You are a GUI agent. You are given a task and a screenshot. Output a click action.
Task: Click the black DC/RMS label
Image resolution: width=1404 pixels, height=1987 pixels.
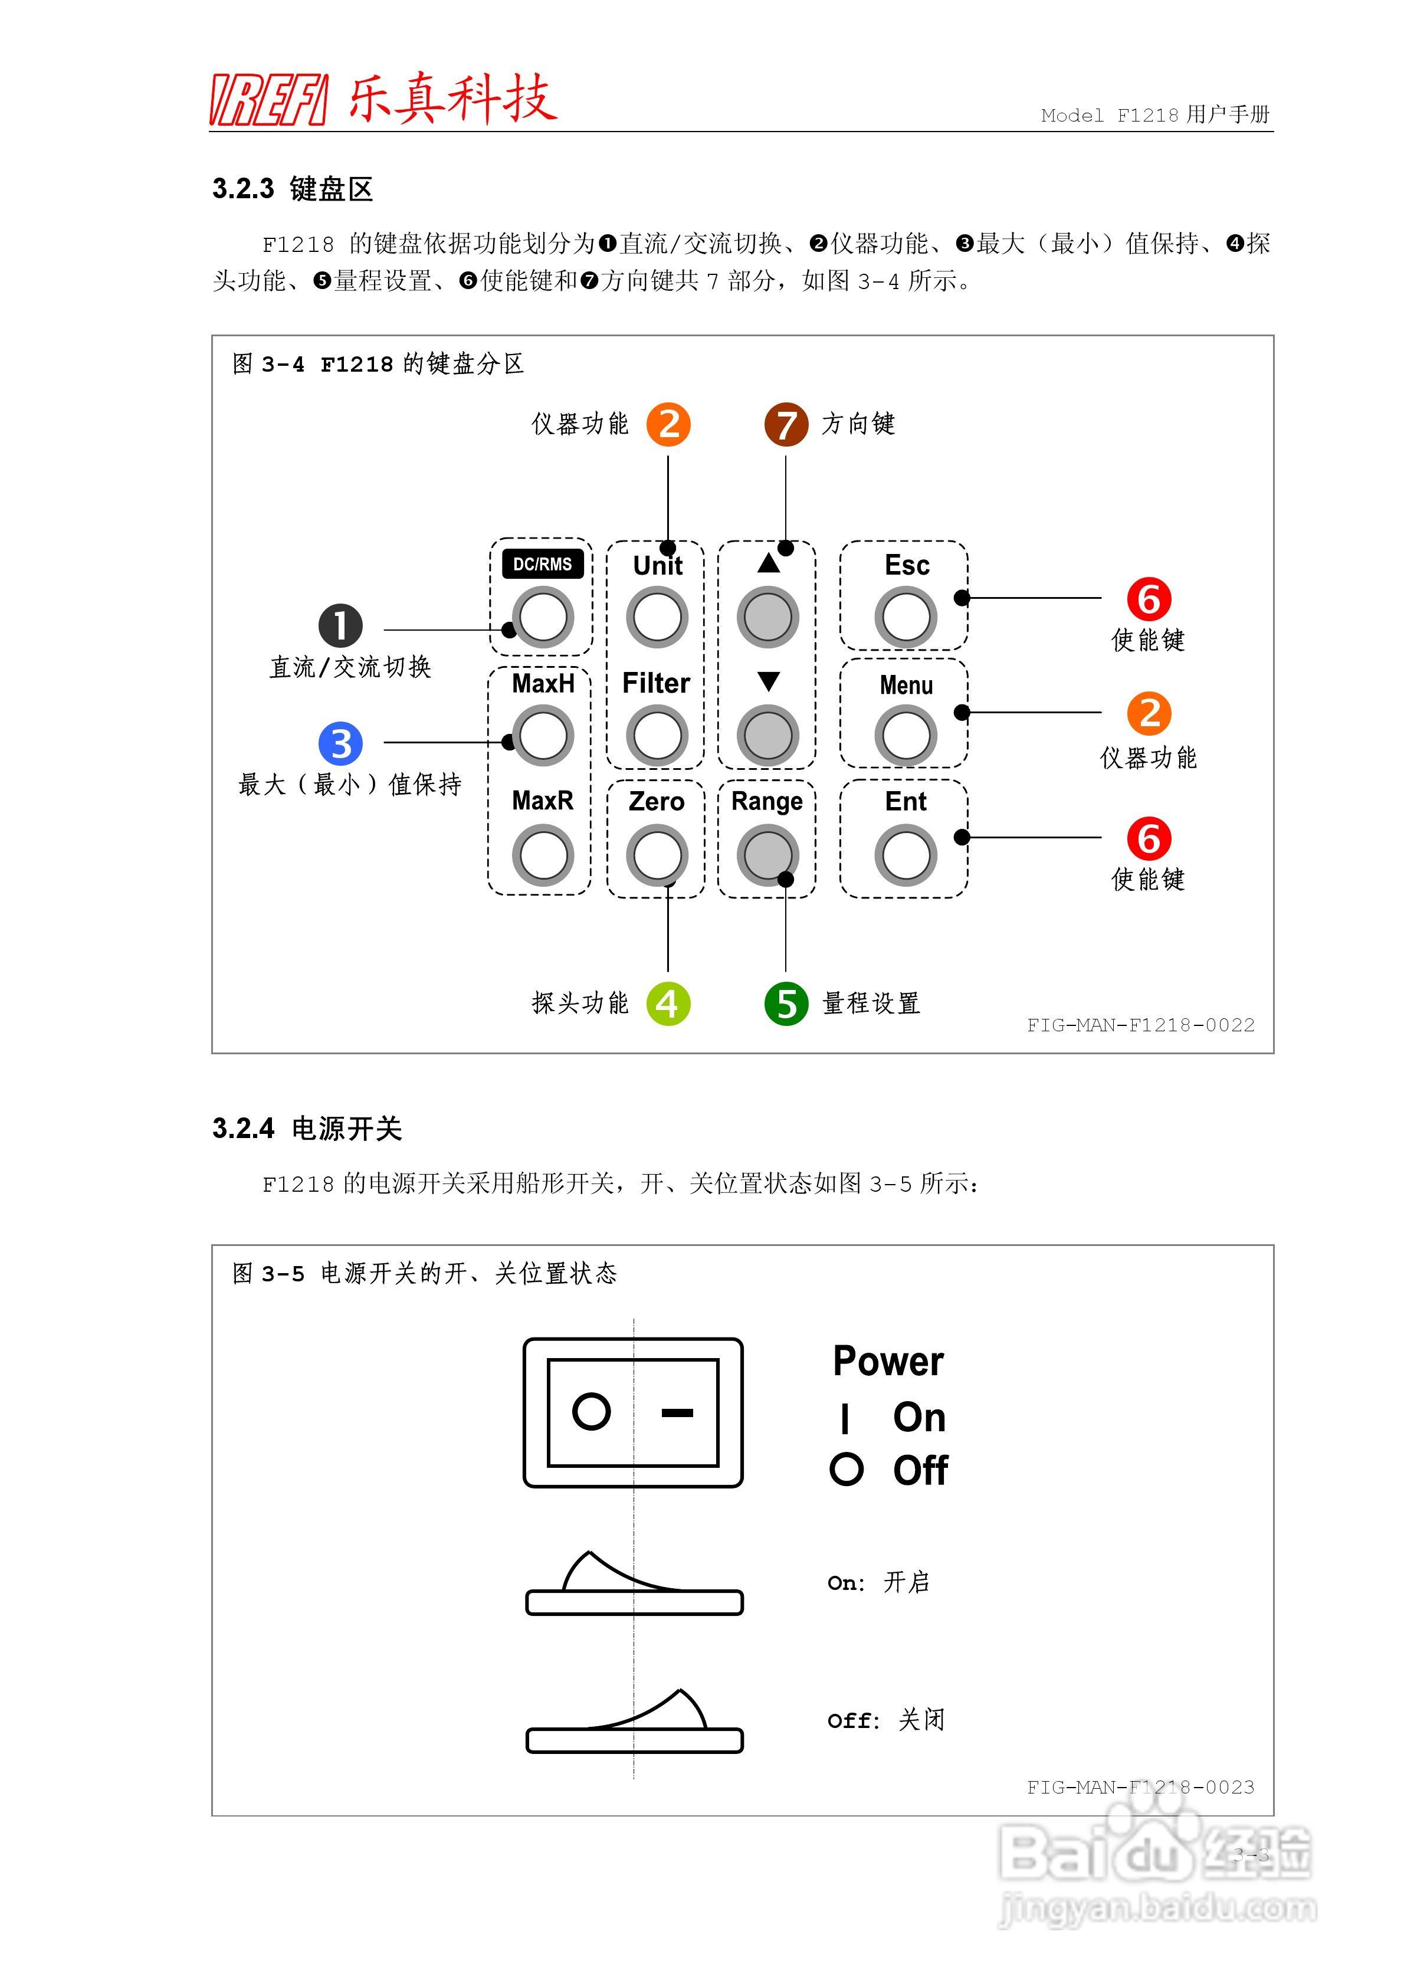543,564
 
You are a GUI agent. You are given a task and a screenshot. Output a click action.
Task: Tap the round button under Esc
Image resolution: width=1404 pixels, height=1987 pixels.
906,617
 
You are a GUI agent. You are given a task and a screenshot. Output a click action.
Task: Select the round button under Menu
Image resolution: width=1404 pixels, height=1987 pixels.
906,736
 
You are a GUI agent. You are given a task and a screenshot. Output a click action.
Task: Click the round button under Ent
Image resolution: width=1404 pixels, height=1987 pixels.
906,855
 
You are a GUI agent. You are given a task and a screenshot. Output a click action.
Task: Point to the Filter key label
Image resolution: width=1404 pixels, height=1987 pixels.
656,683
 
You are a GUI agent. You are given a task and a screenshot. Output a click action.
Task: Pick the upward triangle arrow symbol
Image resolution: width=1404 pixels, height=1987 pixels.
769,563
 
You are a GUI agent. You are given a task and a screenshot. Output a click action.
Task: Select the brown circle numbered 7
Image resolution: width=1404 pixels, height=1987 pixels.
786,425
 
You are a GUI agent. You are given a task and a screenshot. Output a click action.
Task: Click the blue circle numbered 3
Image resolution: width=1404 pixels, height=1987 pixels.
341,743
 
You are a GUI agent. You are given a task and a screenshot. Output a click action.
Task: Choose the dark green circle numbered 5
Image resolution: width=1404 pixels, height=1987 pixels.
786,1004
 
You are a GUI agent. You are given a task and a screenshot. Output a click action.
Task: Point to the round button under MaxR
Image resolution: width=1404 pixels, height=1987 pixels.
543,855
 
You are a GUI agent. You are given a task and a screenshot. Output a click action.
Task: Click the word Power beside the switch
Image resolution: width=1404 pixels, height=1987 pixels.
888,1361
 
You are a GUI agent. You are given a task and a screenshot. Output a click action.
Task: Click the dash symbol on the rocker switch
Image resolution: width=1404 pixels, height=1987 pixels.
677,1412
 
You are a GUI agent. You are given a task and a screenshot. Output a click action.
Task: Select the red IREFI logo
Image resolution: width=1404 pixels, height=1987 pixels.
269,100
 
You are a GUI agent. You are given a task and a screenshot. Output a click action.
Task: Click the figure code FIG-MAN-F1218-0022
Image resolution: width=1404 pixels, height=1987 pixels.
1140,1025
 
